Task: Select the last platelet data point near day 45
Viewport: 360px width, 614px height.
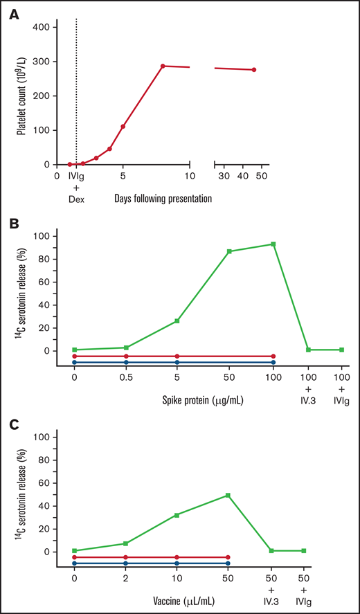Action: [x=254, y=70]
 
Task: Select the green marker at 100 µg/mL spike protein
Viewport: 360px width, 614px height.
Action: [x=273, y=244]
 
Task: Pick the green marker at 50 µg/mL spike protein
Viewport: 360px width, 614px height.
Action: [x=229, y=251]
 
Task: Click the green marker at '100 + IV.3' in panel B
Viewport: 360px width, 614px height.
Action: [x=308, y=350]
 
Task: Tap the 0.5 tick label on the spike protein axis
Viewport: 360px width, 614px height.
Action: [x=126, y=377]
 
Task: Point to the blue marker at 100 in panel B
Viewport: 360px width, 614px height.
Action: [x=273, y=362]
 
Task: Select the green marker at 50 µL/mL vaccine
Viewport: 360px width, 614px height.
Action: [x=228, y=496]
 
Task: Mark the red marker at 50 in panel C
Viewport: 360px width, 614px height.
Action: [x=228, y=557]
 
